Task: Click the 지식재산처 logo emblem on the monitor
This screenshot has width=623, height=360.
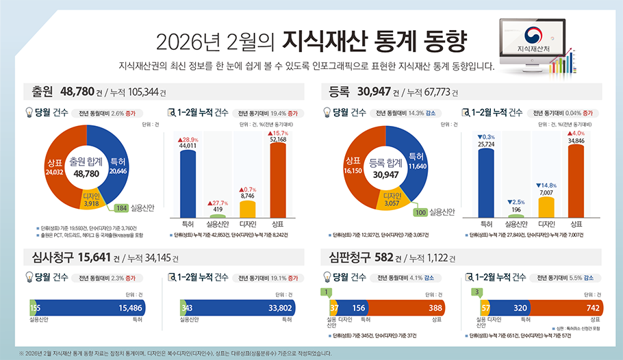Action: click(534, 36)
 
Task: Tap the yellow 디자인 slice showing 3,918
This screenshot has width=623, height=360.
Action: click(90, 199)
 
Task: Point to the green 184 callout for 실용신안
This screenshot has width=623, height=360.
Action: click(121, 208)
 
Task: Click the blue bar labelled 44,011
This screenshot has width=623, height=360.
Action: click(188, 181)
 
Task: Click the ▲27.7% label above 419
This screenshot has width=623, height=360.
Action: click(217, 203)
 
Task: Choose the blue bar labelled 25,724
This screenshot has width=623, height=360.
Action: click(486, 181)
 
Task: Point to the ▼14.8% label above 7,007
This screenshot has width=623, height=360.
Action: click(546, 185)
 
